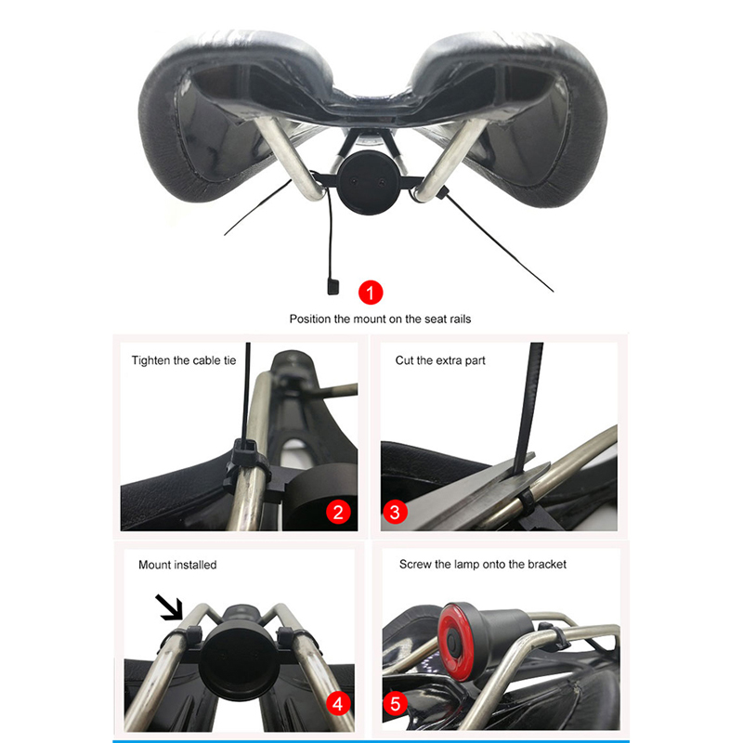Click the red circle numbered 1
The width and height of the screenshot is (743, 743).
point(371,293)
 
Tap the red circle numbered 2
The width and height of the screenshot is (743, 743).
point(338,512)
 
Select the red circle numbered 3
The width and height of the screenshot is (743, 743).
point(395,512)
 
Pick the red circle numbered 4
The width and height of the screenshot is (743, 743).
point(338,704)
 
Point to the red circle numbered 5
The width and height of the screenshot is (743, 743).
point(396,704)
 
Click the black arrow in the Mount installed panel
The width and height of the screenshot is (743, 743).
point(169,607)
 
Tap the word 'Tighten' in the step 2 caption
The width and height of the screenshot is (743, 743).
point(150,360)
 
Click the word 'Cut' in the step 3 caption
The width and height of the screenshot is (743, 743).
point(404,360)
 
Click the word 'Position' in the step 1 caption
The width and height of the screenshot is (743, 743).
point(310,319)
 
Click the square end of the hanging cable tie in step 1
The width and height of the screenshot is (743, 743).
point(332,286)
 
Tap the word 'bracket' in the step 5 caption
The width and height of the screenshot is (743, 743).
point(547,565)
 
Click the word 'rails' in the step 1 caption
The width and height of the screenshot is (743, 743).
point(460,319)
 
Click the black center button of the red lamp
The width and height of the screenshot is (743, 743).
point(453,642)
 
